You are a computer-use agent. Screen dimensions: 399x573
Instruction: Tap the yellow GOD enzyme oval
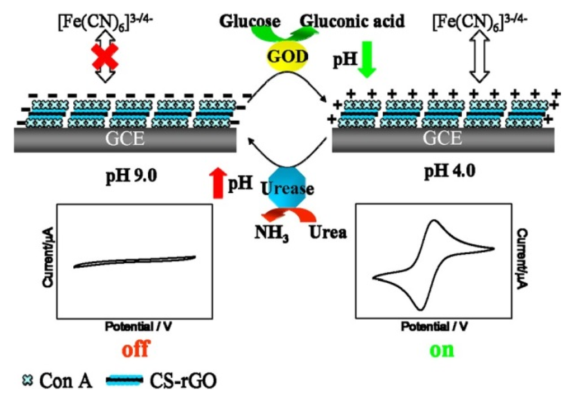(x=286, y=56)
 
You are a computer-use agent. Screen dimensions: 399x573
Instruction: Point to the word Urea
(x=327, y=231)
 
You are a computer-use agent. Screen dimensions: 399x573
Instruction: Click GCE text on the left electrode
(x=125, y=139)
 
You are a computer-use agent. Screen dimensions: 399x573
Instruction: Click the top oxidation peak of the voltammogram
(x=434, y=222)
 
